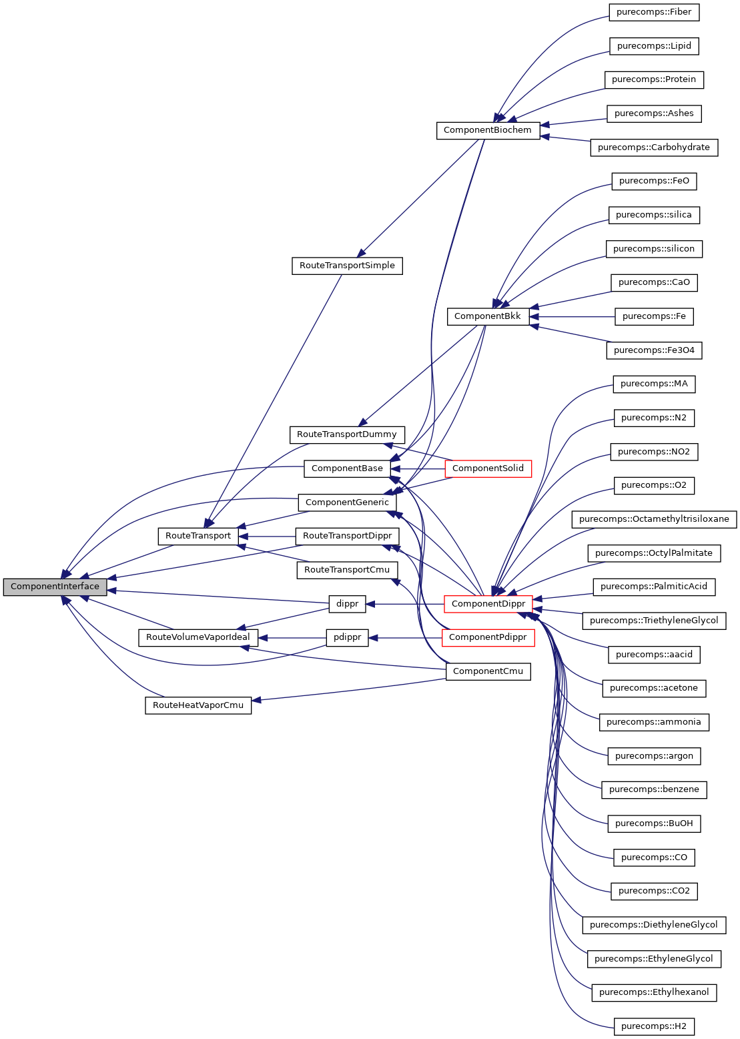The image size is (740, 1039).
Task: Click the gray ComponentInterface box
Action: pos(55,587)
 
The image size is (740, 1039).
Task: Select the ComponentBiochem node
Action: pos(487,130)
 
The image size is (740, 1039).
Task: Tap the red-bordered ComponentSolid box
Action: pos(488,468)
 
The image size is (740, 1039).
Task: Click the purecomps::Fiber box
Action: pos(654,12)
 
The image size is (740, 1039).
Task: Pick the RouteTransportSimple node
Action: pos(347,266)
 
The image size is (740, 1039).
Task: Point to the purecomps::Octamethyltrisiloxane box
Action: pos(654,519)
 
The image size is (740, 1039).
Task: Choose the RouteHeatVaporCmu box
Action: pos(198,705)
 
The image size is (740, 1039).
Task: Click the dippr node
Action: pos(347,604)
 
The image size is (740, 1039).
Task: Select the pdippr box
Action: pos(347,638)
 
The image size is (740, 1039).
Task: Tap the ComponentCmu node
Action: pos(488,671)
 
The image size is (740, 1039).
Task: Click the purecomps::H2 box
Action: pos(654,1026)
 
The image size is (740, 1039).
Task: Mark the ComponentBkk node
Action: pos(487,316)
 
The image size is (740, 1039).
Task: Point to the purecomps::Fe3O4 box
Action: pos(654,350)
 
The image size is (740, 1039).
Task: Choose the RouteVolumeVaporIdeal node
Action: pos(198,637)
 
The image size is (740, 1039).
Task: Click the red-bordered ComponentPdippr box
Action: pos(488,638)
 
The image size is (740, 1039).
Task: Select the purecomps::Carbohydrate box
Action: pos(654,147)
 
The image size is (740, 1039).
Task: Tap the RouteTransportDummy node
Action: pos(347,434)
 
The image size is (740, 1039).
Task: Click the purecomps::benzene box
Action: pos(654,789)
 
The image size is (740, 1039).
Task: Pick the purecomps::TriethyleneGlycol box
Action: pos(654,621)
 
